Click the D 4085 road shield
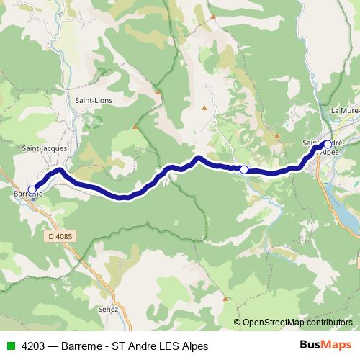click(x=61, y=235)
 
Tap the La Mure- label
click(x=344, y=110)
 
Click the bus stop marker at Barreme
click(x=32, y=189)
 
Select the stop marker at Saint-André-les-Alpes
click(x=328, y=144)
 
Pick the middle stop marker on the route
click(x=244, y=170)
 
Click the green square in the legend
click(x=11, y=346)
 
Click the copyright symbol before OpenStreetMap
click(x=237, y=323)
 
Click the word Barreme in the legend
click(x=81, y=346)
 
